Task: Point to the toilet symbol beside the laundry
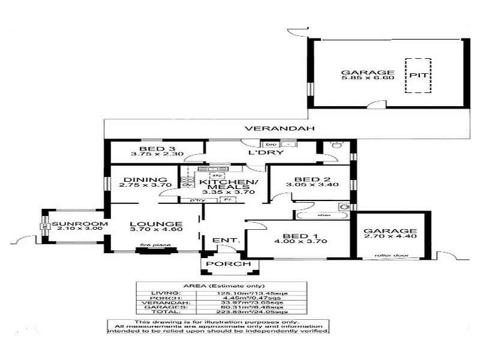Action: [335, 146]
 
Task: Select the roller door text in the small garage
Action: [388, 255]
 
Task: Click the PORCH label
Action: [221, 265]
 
